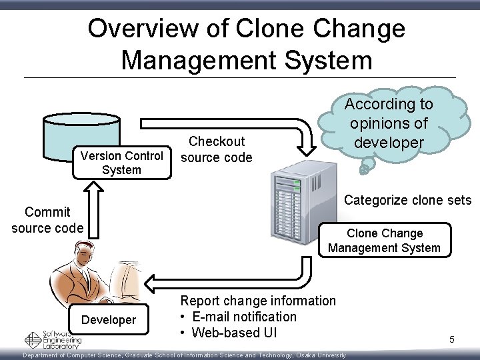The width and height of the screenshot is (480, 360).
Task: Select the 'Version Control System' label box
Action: [x=121, y=163]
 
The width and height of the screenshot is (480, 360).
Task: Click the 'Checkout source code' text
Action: [x=217, y=149]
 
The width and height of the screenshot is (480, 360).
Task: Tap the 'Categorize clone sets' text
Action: [x=407, y=200]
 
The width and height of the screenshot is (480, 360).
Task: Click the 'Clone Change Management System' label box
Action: [x=384, y=241]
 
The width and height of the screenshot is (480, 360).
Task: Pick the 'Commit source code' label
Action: [x=47, y=219]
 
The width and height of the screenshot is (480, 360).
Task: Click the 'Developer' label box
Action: [x=108, y=320]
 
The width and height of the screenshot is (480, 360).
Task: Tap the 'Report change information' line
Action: [x=258, y=301]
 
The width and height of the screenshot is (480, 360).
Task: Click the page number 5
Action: [x=451, y=340]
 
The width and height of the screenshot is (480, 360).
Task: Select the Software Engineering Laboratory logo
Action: [x=53, y=340]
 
